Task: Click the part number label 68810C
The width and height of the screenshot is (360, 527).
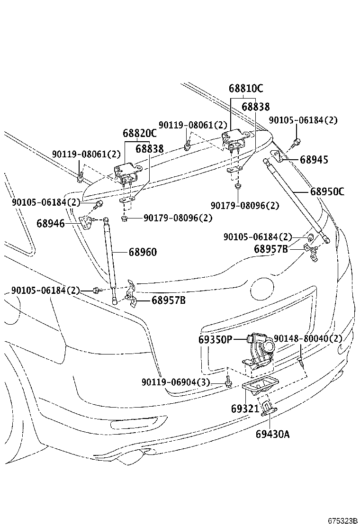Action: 245,89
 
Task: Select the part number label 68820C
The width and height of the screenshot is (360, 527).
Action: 140,134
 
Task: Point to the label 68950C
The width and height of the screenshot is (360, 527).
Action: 327,192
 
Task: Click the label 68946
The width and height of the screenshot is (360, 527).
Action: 51,222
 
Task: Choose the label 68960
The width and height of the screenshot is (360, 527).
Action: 142,252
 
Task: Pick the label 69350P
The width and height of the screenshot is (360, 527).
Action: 216,339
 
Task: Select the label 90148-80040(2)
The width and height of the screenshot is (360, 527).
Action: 307,338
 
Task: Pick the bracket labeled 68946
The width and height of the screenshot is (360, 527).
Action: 86,222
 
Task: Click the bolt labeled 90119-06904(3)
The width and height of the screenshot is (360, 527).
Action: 228,382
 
